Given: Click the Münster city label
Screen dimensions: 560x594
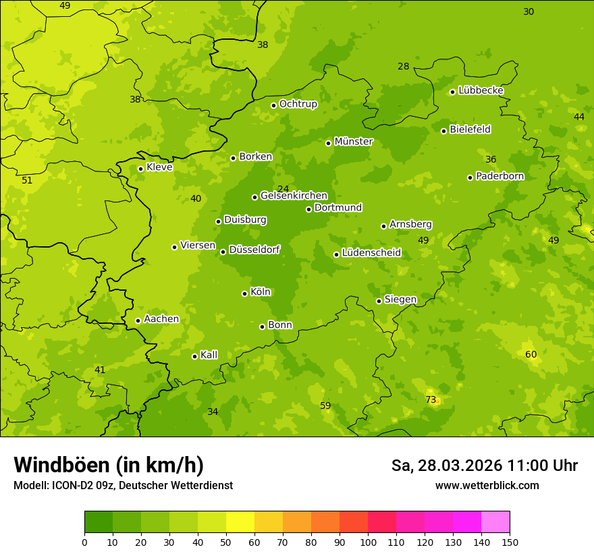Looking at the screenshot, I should tap(354, 142).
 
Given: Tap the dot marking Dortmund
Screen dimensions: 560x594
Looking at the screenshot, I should tap(308, 209).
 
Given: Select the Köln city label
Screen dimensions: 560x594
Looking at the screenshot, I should tap(261, 292).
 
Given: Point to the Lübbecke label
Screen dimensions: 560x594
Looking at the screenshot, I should tap(481, 90).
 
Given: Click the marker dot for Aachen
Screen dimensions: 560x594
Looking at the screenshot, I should tap(138, 320).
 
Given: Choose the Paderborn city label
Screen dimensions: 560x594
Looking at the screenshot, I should tap(500, 176).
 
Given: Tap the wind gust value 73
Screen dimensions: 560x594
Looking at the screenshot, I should tap(431, 399).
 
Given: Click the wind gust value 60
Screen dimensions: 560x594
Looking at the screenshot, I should tap(531, 354).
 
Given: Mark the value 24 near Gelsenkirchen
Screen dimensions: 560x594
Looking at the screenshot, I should tap(283, 189).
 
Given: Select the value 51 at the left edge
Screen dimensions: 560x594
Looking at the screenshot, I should tap(27, 180).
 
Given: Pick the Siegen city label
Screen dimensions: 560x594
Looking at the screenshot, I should tap(400, 300).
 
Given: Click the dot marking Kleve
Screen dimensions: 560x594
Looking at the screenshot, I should tap(140, 169).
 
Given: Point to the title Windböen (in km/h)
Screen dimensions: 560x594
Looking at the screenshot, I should tap(109, 465).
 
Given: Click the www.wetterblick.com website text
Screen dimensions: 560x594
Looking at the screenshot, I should tap(487, 485).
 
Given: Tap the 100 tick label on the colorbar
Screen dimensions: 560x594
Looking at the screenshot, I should tap(368, 542).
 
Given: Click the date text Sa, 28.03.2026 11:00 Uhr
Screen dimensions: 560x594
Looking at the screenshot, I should tap(484, 466).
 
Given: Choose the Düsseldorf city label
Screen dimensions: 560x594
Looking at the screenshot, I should tap(254, 250).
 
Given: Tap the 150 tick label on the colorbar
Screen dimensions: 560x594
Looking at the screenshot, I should tap(510, 542).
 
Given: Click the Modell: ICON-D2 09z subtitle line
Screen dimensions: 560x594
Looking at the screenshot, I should tap(123, 485).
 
